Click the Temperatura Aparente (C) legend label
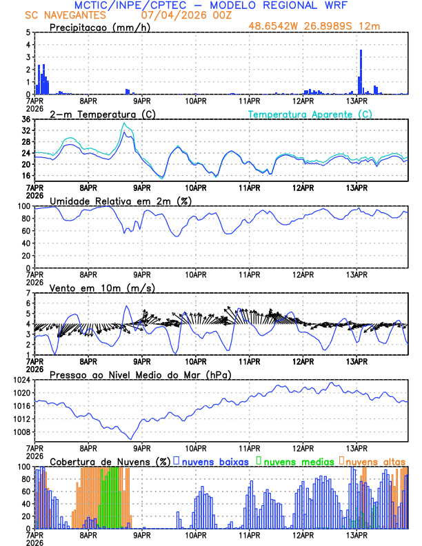tap(310, 114)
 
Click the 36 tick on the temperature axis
tap(26, 119)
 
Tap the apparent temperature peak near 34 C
tap(124, 123)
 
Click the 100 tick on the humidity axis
tap(23, 206)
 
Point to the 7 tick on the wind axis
tap(28, 293)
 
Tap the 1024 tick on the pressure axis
tap(21, 380)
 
